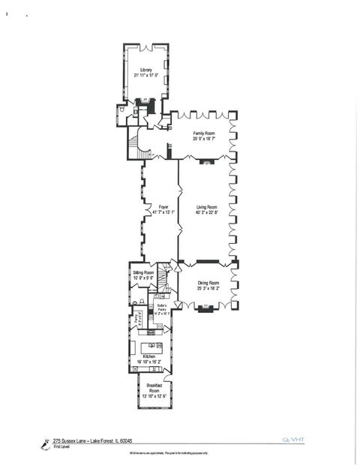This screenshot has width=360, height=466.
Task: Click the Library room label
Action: pos(145,70)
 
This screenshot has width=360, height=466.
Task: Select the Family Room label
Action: pos(204,133)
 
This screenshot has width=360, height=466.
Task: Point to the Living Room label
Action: pos(206,206)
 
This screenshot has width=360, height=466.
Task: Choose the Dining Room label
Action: pos(208,283)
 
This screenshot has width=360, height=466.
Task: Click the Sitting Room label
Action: pos(143,272)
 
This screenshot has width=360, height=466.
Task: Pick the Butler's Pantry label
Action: pos(162,306)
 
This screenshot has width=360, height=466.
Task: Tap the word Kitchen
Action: pos(148,356)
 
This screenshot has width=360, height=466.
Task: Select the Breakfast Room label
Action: pos(153,387)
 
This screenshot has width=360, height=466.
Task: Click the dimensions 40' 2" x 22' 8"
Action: pos(207,213)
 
